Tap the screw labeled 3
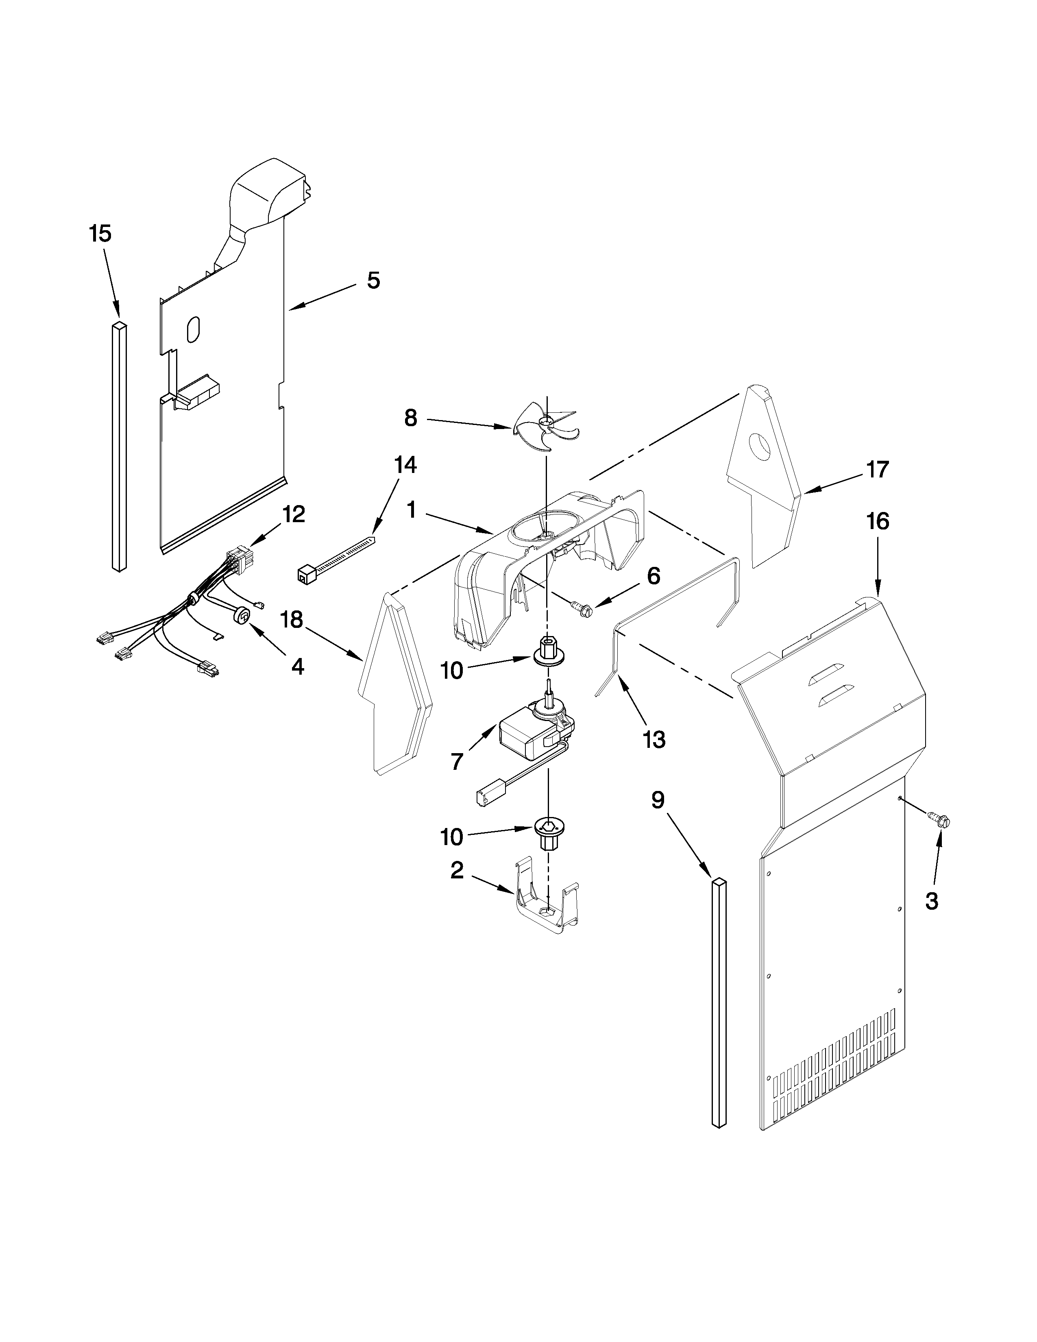point(939,819)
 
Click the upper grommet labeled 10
point(547,652)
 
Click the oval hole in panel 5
point(193,329)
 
